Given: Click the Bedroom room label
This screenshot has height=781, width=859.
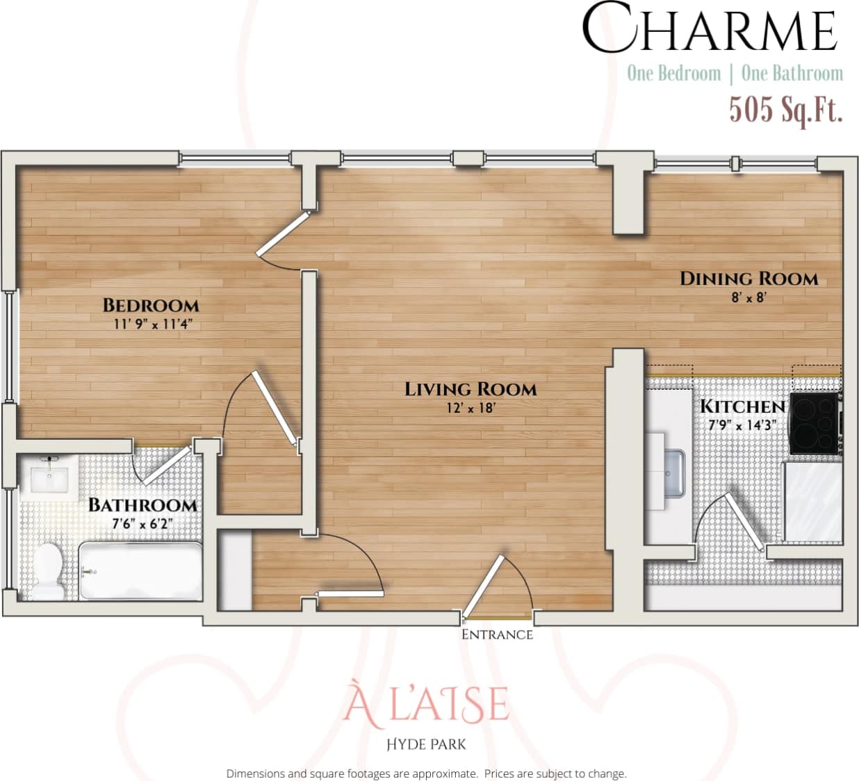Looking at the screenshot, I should tap(151, 305).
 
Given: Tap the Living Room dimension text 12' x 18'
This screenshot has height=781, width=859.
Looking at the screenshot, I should tap(471, 408).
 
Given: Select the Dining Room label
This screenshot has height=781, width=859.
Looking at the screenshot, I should tap(748, 279).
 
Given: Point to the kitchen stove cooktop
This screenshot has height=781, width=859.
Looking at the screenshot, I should tap(815, 423).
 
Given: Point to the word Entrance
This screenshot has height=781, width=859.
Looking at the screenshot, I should tap(497, 634).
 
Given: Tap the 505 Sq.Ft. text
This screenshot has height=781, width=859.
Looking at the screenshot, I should tap(785, 110).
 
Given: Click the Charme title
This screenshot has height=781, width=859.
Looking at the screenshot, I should tap(709, 30).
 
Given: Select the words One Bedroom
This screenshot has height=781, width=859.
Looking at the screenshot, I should tap(673, 73).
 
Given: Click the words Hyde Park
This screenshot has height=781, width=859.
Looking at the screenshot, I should tap(426, 744).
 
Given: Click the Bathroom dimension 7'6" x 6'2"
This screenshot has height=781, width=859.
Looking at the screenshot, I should tap(142, 525).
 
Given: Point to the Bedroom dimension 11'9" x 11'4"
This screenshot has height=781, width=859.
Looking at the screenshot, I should tap(152, 324).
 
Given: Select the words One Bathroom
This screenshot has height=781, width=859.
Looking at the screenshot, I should tap(792, 73).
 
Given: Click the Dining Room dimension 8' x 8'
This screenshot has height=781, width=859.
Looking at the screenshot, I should tap(748, 298).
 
